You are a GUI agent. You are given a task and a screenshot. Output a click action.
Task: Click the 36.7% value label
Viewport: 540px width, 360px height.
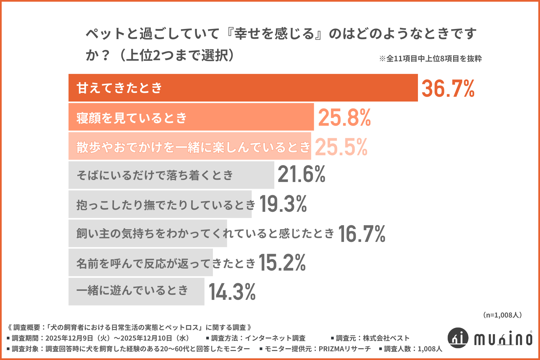coord(448,89)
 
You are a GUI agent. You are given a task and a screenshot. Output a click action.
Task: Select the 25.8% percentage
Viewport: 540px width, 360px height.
coord(344,118)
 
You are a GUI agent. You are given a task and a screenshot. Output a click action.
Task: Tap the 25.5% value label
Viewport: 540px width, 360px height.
coord(341,147)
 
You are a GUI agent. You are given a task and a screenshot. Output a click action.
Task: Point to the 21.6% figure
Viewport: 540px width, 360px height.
coord(301,174)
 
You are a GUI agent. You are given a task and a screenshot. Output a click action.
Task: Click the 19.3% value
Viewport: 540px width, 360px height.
coord(283,204)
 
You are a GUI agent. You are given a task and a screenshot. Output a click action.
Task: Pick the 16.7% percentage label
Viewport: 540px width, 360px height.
coord(362,234)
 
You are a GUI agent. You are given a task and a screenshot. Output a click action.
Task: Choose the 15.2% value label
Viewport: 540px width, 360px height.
coord(282,263)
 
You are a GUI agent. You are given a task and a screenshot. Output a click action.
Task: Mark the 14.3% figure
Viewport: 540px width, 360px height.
coord(232,292)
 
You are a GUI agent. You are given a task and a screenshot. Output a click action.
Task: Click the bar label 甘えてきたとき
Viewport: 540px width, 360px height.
coord(119,88)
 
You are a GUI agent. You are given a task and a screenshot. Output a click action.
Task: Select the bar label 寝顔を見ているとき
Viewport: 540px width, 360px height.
coord(132,118)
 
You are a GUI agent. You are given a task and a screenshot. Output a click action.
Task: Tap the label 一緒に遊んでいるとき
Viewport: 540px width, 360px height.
coord(132,290)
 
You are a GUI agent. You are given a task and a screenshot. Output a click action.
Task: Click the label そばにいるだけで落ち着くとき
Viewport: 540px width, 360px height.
coord(155,175)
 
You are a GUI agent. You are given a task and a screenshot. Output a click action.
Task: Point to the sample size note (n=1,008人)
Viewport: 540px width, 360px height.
coord(502,315)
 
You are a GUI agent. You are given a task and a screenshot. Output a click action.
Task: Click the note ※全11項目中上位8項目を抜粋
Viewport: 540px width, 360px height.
coord(430,58)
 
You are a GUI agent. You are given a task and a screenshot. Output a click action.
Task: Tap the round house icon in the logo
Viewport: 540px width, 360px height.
coord(458,337)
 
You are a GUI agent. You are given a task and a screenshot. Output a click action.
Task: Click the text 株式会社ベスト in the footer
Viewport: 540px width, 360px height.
coord(386,338)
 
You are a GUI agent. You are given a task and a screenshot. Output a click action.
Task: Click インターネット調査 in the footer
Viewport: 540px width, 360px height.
coord(275,338)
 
